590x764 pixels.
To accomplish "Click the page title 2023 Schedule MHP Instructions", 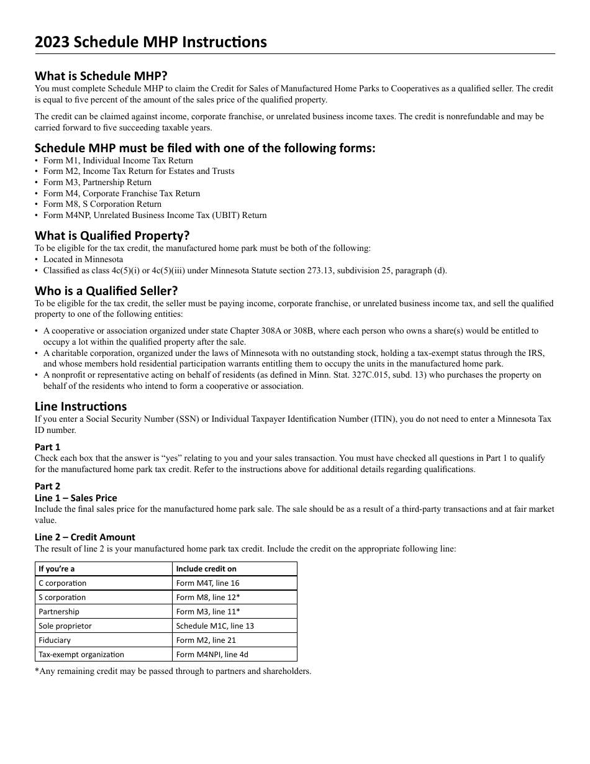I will point(151,42).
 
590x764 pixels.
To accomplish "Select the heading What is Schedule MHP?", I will point(101,76).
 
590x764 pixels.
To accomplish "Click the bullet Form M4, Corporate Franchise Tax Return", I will point(122,193).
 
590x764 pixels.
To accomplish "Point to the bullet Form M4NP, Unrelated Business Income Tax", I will point(155,216).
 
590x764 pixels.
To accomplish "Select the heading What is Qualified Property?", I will point(112,235).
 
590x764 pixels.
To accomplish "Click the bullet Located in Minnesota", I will point(83,259).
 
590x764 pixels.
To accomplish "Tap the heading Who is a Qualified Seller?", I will point(106,291).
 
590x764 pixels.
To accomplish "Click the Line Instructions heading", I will point(81,406).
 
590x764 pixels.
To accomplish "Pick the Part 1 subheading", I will point(48,447).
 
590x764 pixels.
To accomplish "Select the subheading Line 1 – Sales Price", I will point(76,498).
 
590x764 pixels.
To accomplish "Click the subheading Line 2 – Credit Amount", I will point(85,537).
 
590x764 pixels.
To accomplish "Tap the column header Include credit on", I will point(206,569).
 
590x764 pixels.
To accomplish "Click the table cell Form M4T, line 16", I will point(207,583).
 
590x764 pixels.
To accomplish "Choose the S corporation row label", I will point(62,598).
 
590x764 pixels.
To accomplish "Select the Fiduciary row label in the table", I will point(55,640).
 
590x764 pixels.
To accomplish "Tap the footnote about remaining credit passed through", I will point(173,671).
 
